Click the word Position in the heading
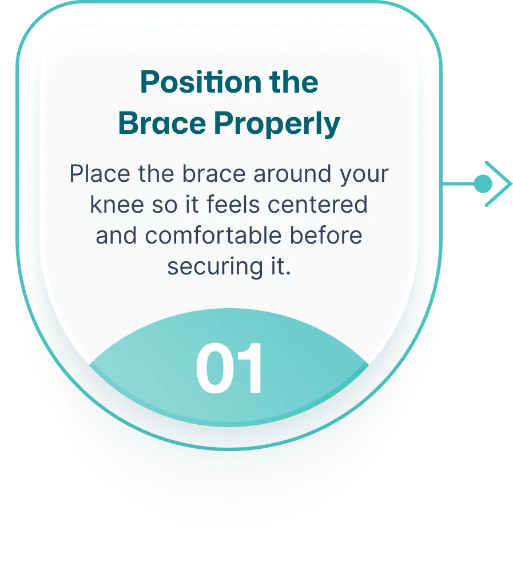point(201,82)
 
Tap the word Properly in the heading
point(277,125)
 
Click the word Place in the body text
point(100,174)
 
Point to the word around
point(292,174)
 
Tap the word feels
point(233,205)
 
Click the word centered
point(317,205)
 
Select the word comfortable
point(213,236)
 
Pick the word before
point(326,236)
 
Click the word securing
point(215,268)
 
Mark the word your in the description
point(364,175)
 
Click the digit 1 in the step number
point(249,368)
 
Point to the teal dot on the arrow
point(483,184)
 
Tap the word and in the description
point(116,236)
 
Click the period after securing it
point(288,274)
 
